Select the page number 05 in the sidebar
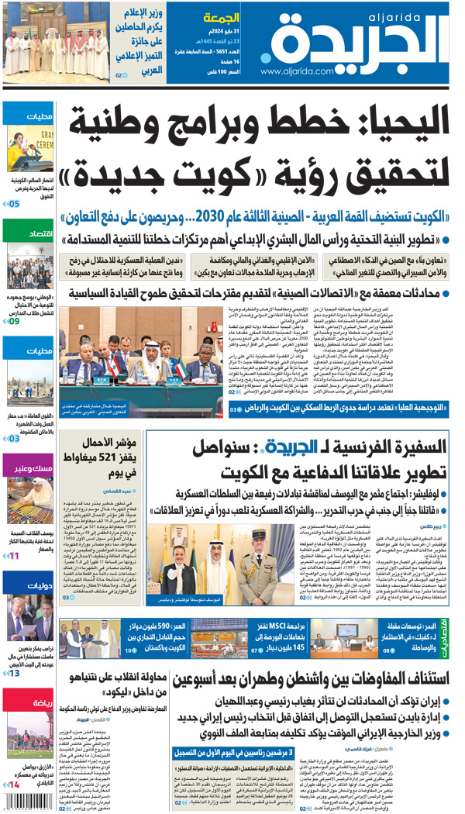(x=15, y=204)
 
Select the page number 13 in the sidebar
(x=15, y=672)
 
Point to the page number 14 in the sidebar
(x=15, y=785)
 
